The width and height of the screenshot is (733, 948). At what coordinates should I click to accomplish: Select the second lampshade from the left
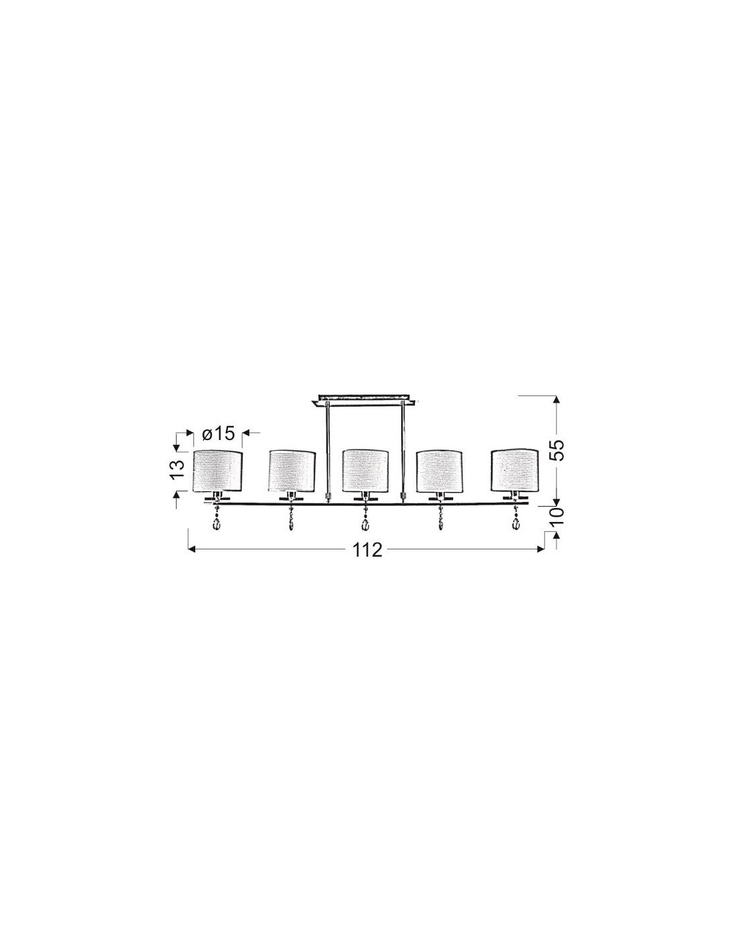coord(292,471)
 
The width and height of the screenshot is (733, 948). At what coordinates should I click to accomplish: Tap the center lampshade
coord(365,471)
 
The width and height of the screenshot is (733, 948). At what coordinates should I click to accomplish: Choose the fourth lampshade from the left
coord(440,471)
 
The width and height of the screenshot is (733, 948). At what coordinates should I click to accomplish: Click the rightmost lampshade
coord(514,471)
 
